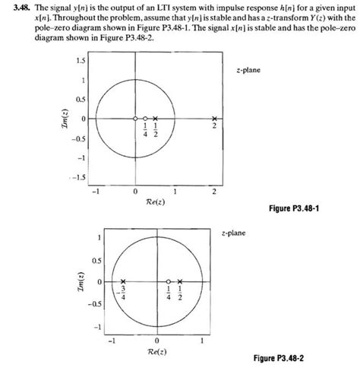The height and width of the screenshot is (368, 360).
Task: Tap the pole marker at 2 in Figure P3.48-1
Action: [214, 119]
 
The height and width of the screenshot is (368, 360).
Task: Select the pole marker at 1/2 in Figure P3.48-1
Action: [155, 119]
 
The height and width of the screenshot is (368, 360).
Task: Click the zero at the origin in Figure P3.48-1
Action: [135, 119]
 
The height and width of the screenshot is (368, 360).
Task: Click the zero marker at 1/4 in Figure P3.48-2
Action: [169, 281]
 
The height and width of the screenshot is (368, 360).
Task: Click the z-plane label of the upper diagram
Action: [248, 70]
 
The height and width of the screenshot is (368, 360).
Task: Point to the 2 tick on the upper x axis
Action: [214, 191]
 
